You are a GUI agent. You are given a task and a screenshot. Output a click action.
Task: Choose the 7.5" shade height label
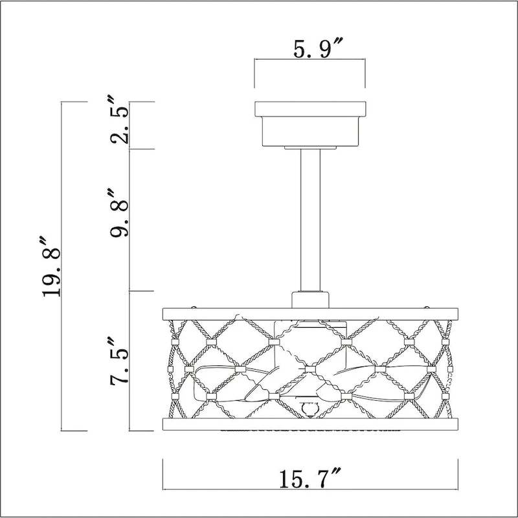pyautogui.click(x=120, y=361)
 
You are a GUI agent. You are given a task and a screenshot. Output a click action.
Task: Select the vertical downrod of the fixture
pyautogui.click(x=310, y=220)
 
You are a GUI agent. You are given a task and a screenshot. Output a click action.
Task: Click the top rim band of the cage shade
pyautogui.click(x=310, y=314)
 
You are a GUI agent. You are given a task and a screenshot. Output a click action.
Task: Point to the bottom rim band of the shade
pyautogui.click(x=310, y=425)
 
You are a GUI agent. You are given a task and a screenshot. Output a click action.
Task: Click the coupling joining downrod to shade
pyautogui.click(x=310, y=300)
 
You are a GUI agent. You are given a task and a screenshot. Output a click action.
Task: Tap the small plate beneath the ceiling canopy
pyautogui.click(x=310, y=149)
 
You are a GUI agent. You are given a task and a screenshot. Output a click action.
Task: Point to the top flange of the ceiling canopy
pyautogui.click(x=310, y=109)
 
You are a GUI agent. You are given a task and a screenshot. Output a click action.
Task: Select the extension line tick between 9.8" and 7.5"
pyautogui.click(x=142, y=291)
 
